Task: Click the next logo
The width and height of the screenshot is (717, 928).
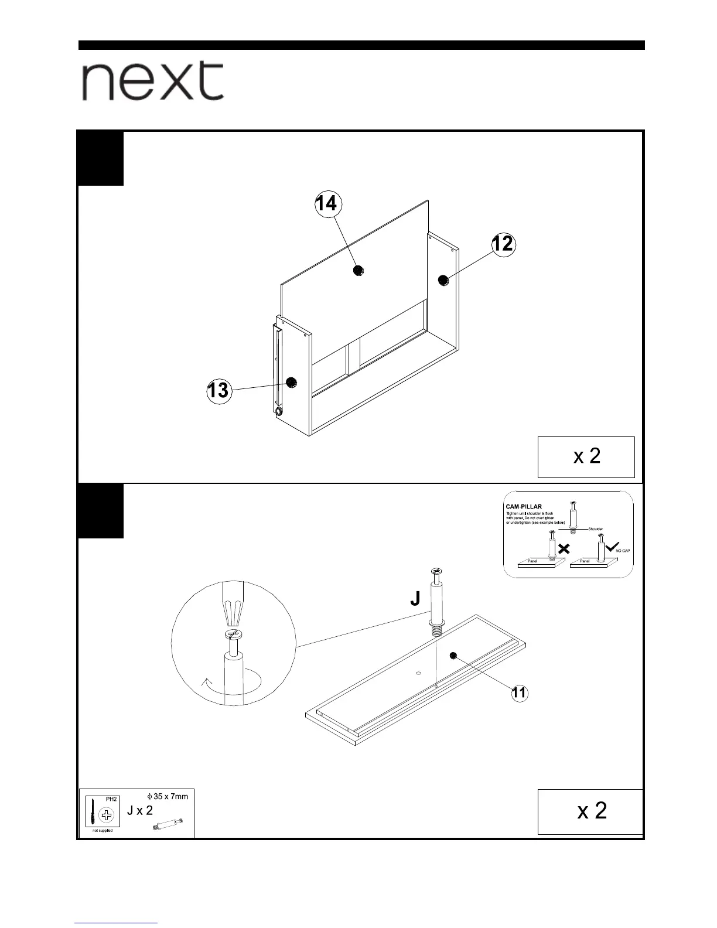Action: [x=152, y=81]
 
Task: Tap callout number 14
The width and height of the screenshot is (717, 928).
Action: [x=326, y=203]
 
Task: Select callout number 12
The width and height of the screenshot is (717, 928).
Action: [x=503, y=244]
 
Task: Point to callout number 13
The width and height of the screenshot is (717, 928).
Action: [x=218, y=390]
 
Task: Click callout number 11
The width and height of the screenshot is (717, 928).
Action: [x=519, y=693]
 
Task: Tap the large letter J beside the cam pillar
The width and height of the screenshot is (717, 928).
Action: [x=415, y=598]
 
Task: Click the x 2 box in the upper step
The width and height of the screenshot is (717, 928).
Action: [x=586, y=456]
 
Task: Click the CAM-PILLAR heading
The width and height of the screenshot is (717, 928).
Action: [x=524, y=507]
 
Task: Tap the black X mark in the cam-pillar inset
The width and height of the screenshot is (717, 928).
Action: [x=564, y=549]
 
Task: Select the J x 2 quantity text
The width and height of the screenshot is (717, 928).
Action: [x=140, y=811]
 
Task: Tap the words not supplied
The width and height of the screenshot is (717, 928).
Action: [x=103, y=831]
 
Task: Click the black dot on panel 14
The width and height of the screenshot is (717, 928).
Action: [x=358, y=270]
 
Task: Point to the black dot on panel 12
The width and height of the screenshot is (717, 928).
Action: [x=443, y=280]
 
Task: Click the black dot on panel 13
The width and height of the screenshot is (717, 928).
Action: [x=291, y=382]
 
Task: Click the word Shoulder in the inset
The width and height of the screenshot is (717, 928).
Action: [x=595, y=529]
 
